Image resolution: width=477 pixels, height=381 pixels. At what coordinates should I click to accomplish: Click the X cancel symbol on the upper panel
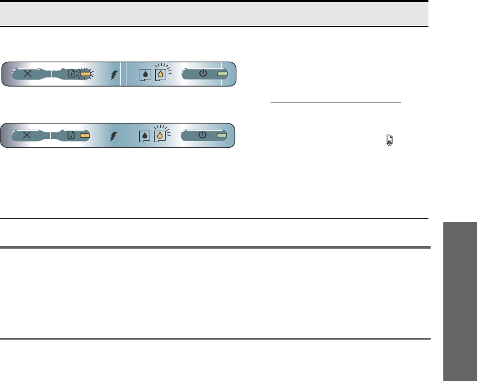pos(28,74)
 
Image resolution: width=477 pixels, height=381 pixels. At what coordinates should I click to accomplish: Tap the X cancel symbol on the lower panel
pos(28,135)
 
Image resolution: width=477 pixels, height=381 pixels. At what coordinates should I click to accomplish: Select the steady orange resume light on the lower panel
pos(85,135)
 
